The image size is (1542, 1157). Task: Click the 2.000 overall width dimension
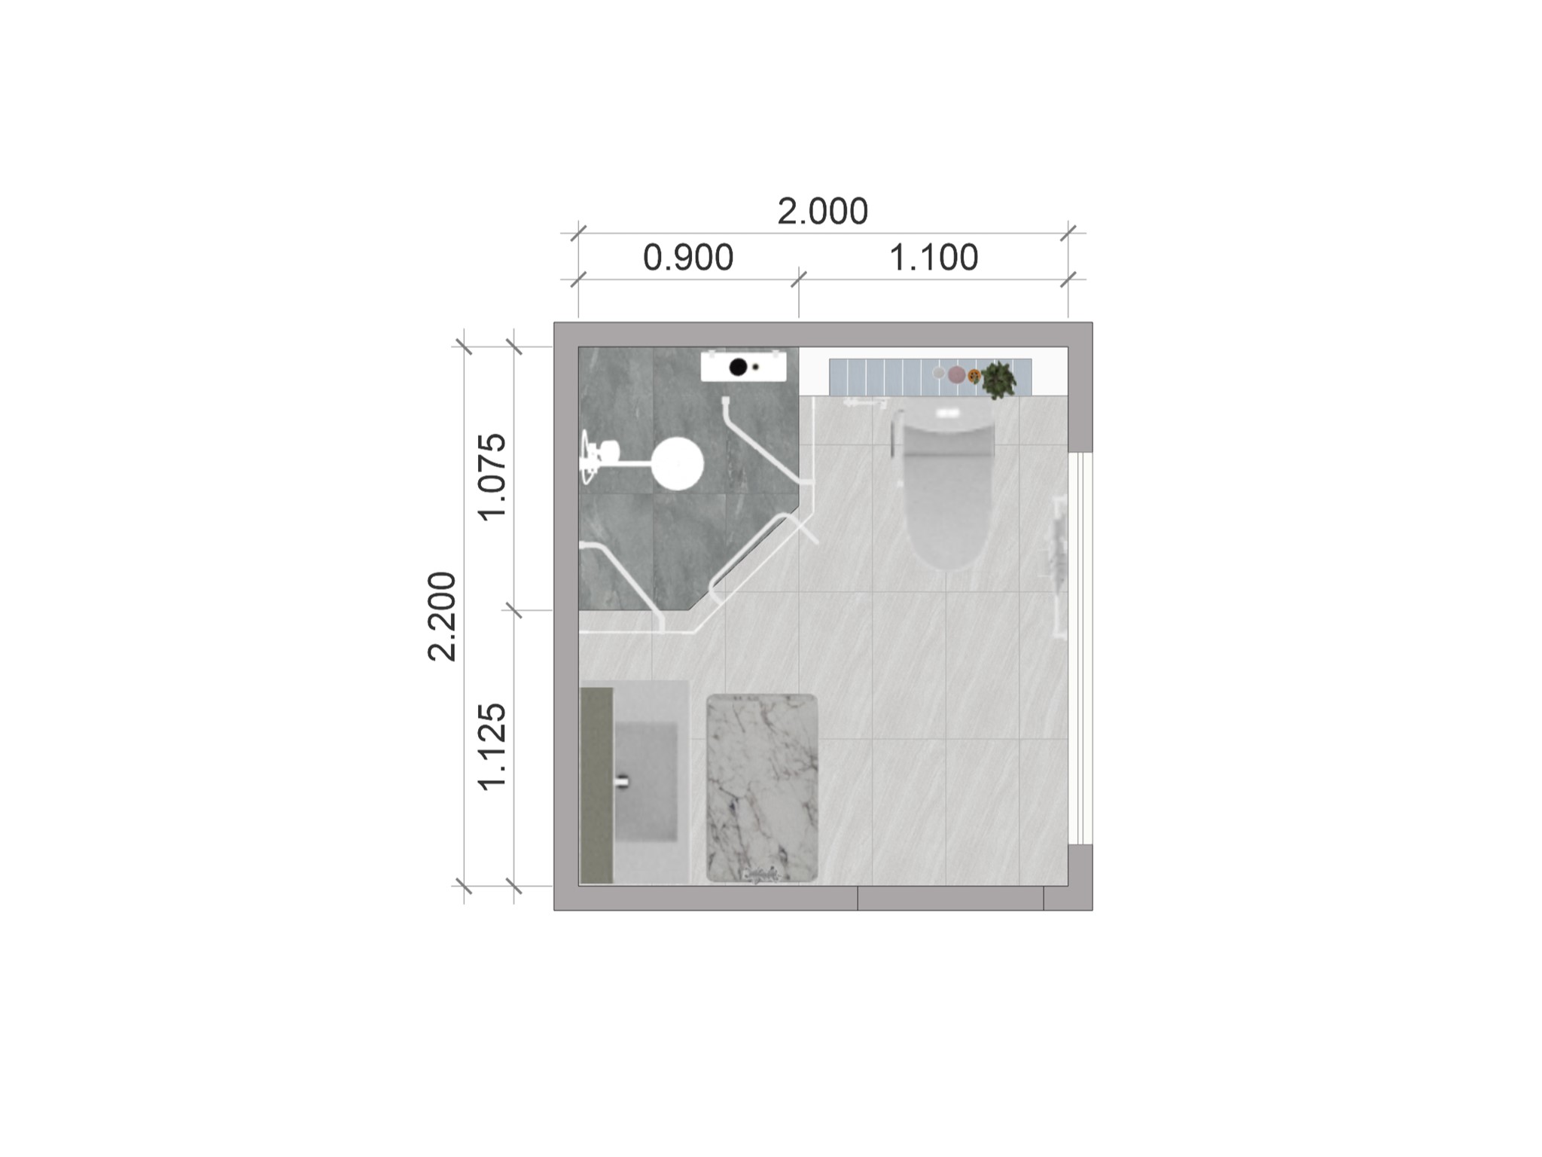pyautogui.click(x=822, y=212)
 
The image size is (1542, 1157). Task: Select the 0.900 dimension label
pyautogui.click(x=688, y=258)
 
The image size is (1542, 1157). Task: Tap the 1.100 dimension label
pyautogui.click(x=934, y=258)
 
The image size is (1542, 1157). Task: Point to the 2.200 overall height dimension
pyautogui.click(x=442, y=616)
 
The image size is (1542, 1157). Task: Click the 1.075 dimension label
pyautogui.click(x=493, y=477)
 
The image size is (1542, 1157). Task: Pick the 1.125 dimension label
pyautogui.click(x=493, y=746)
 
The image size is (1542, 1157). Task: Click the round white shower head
pyautogui.click(x=677, y=463)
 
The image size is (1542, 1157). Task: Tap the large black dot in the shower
pyautogui.click(x=738, y=367)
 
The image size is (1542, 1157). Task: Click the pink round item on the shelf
pyautogui.click(x=956, y=374)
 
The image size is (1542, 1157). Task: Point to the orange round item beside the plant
pyautogui.click(x=974, y=374)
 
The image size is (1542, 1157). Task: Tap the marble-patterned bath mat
pyautogui.click(x=762, y=788)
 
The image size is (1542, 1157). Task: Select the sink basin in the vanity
pyautogui.click(x=646, y=781)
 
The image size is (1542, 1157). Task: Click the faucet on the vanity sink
pyautogui.click(x=621, y=781)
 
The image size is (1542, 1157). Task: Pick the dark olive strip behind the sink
pyautogui.click(x=596, y=785)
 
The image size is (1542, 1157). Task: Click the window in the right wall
pyautogui.click(x=1080, y=648)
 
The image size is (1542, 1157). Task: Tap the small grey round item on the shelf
pyautogui.click(x=939, y=372)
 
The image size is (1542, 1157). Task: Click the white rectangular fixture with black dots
pyautogui.click(x=744, y=367)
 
